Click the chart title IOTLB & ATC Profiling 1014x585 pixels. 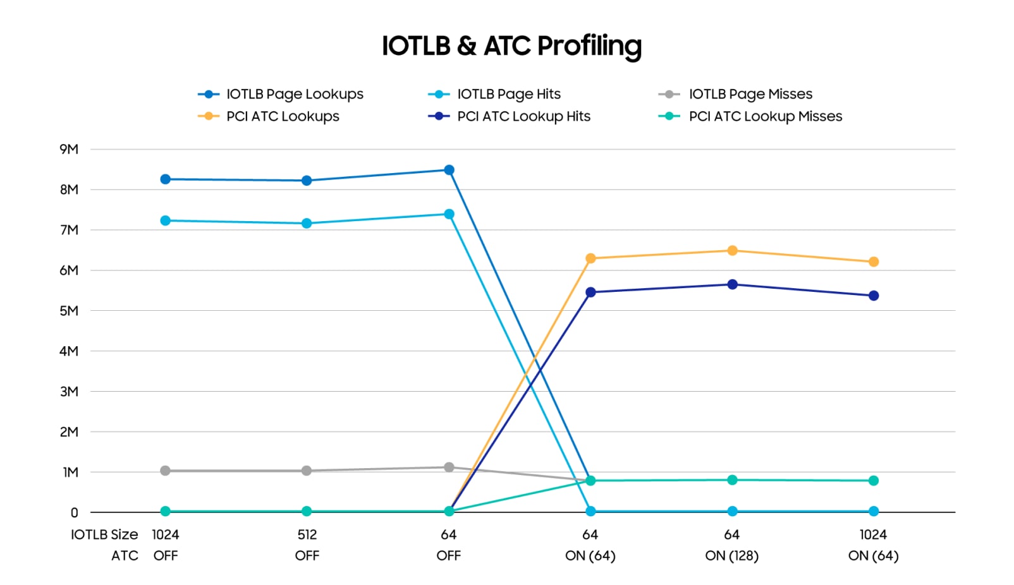click(511, 45)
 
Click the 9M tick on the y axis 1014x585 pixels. click(69, 149)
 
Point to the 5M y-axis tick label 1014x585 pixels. click(69, 311)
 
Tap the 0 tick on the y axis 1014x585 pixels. click(74, 513)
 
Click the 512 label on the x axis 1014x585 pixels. click(307, 534)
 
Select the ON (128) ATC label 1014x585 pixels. click(731, 556)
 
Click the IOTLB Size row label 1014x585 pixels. click(104, 534)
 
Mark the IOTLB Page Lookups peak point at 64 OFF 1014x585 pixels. click(449, 170)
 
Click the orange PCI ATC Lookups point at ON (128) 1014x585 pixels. click(732, 251)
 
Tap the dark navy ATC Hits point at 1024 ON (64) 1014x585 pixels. click(874, 296)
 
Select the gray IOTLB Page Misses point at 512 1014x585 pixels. click(307, 471)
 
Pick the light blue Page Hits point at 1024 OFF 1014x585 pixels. click(166, 220)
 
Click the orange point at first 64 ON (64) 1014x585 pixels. click(590, 258)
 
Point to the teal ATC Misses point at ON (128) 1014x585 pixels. click(732, 480)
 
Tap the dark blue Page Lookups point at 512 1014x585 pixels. click(307, 181)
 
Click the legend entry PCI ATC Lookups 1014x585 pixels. click(282, 116)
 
